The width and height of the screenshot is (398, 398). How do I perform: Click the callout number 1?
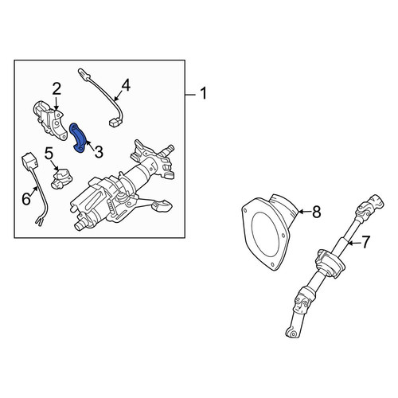click(x=203, y=94)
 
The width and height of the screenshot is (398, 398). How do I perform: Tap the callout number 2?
click(x=57, y=89)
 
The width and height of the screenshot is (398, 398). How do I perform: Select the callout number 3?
click(x=99, y=152)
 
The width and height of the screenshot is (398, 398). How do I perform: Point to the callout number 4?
click(x=126, y=85)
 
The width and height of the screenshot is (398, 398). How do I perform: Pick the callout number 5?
click(x=49, y=154)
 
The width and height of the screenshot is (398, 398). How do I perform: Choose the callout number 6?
click(x=26, y=199)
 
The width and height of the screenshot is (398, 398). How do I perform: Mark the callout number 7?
click(x=365, y=242)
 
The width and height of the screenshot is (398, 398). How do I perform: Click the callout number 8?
click(x=317, y=212)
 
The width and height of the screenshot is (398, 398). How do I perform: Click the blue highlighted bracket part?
click(x=77, y=139)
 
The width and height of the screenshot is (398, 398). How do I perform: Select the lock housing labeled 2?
click(x=49, y=120)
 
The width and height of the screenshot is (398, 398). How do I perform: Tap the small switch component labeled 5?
click(x=61, y=178)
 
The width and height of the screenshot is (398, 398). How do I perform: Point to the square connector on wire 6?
click(x=29, y=161)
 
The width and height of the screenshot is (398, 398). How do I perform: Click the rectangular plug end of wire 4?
click(x=115, y=123)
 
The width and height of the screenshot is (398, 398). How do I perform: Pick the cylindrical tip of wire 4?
click(x=84, y=73)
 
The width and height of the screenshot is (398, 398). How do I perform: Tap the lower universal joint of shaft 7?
click(x=302, y=298)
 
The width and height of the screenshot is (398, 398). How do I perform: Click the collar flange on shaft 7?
click(x=330, y=263)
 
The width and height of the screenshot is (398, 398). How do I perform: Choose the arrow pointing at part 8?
click(x=304, y=212)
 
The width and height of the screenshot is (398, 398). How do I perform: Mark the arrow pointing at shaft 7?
click(x=353, y=243)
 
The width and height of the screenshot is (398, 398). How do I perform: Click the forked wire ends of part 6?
click(x=39, y=221)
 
